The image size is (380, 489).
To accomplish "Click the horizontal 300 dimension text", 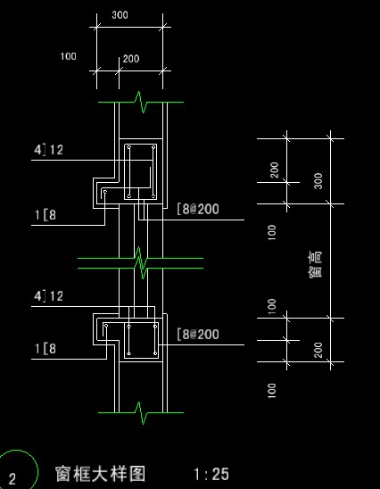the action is click(x=120, y=14).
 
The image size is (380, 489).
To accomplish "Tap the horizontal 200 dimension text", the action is click(x=131, y=59).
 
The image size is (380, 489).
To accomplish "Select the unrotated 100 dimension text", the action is click(x=69, y=56).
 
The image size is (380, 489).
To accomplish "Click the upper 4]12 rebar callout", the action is click(x=48, y=150).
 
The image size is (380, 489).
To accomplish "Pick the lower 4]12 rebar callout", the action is click(x=48, y=296).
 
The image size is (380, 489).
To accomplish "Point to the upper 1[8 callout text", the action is click(x=45, y=215).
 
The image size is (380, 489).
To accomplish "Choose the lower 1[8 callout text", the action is click(x=45, y=348).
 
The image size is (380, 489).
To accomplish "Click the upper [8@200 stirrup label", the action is click(x=198, y=209).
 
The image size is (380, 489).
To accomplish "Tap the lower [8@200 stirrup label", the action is click(x=198, y=334).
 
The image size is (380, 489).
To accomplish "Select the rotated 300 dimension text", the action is click(x=318, y=181).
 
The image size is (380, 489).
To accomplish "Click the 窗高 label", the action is click(x=315, y=264).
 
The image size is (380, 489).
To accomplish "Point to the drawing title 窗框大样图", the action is click(x=101, y=474).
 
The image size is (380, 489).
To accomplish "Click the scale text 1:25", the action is click(x=211, y=474).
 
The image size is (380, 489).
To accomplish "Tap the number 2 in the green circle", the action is click(x=12, y=479).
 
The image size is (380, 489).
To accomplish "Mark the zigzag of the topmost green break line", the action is click(x=141, y=102).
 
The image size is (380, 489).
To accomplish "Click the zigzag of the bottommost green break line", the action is click(x=141, y=413).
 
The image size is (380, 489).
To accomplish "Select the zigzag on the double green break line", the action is click(x=141, y=263).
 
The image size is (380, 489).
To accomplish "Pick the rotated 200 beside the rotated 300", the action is click(x=275, y=170).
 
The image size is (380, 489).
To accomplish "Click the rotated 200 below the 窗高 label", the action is click(x=318, y=350).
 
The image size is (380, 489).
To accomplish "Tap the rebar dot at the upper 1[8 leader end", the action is click(x=105, y=192).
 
